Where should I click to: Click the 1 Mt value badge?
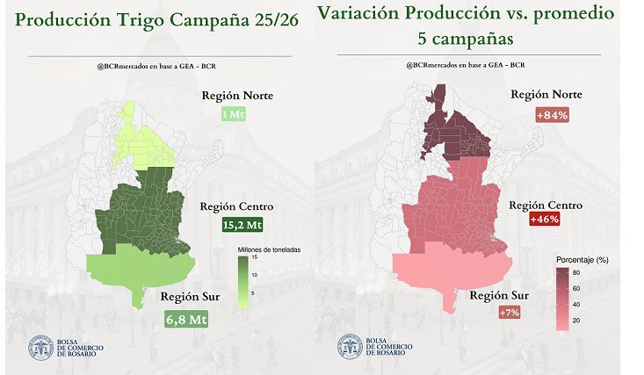[x=234, y=115]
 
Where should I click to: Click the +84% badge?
[x=553, y=115]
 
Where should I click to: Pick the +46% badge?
[x=546, y=221]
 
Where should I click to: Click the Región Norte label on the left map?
[x=239, y=96]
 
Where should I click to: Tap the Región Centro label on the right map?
[x=546, y=205]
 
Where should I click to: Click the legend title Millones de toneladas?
[x=269, y=249]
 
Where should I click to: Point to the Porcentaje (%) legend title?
[x=584, y=261]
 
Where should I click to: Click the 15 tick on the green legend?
[x=253, y=258]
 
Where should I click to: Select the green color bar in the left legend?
[x=243, y=280]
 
